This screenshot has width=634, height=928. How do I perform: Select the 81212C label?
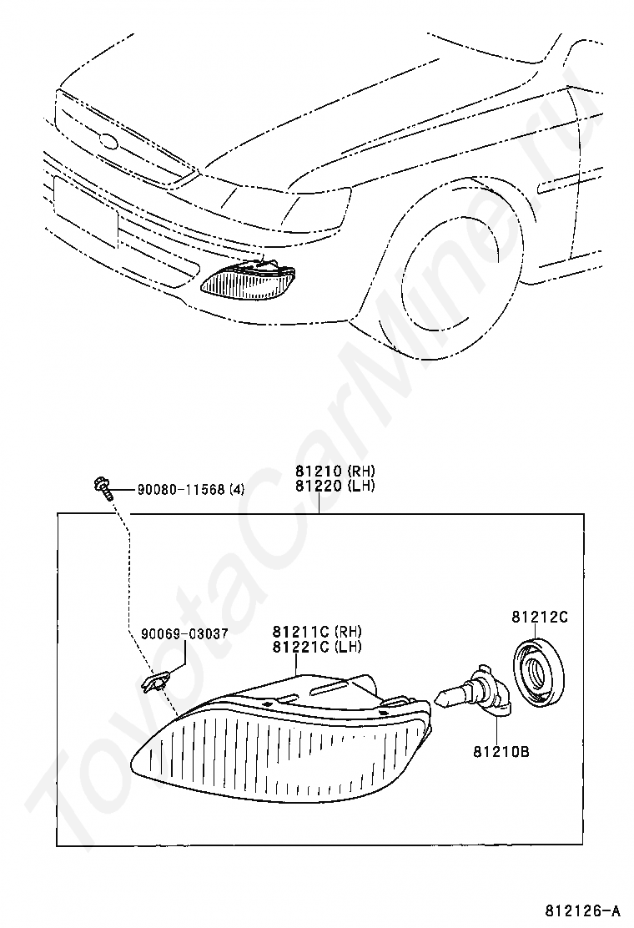click(x=539, y=617)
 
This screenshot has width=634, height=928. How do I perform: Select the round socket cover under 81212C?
click(x=538, y=671)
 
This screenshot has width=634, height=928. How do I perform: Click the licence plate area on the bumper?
click(x=83, y=213)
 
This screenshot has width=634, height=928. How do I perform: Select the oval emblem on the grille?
click(x=109, y=142)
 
